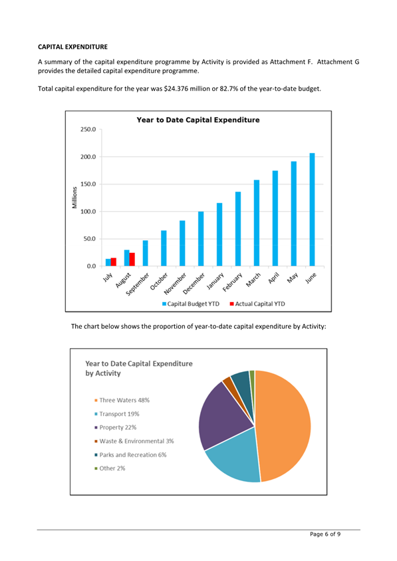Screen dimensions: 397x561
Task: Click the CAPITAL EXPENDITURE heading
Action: (x=72, y=47)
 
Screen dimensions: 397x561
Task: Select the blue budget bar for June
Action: (x=313, y=210)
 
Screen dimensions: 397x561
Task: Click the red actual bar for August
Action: (x=132, y=260)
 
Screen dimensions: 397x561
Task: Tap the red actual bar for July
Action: (x=113, y=262)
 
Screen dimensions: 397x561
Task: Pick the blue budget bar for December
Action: (x=201, y=239)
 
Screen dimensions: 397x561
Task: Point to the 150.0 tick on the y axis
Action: (x=88, y=184)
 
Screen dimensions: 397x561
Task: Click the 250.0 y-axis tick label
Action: (x=88, y=130)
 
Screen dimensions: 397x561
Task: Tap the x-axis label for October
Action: (x=159, y=281)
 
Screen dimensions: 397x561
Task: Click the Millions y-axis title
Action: (x=74, y=198)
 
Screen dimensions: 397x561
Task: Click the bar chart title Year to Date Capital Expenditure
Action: (x=198, y=120)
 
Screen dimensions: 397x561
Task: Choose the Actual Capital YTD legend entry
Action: (x=257, y=303)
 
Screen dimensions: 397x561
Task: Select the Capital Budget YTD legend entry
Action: (x=191, y=303)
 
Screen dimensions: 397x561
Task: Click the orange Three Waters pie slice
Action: (x=285, y=426)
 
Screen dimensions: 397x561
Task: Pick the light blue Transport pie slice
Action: (x=236, y=458)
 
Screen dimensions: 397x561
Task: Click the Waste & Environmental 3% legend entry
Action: (x=134, y=441)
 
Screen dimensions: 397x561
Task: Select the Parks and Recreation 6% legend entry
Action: (x=130, y=455)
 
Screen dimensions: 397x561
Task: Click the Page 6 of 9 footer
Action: (x=325, y=534)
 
